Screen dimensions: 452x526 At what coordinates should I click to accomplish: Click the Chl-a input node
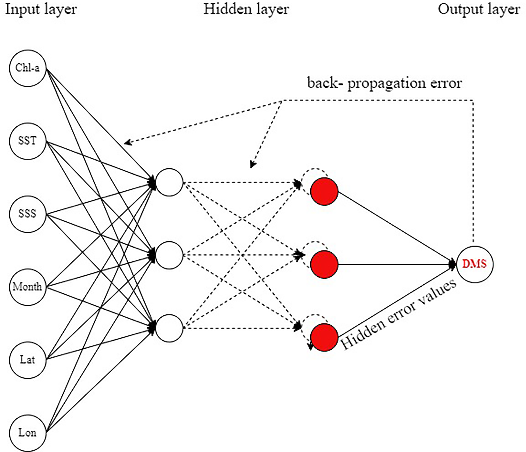tap(28, 68)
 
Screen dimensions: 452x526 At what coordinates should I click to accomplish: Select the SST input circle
tap(28, 141)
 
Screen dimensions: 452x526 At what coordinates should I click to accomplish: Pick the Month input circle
tap(28, 287)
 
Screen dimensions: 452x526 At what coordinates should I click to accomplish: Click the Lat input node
tap(28, 360)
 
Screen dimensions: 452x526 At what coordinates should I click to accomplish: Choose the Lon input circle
tap(28, 433)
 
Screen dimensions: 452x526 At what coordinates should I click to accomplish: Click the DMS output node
tap(474, 264)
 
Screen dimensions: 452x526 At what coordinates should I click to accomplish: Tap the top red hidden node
tap(324, 191)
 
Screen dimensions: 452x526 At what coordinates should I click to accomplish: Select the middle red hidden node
tap(324, 264)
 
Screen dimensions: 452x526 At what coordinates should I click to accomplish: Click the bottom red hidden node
tap(324, 337)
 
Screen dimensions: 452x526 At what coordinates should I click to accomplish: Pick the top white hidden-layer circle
tap(169, 182)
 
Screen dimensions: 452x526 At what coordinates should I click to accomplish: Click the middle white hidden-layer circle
tap(169, 255)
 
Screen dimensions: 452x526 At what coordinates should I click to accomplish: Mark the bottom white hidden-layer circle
tap(169, 328)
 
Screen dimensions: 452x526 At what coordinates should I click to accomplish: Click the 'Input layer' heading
tap(41, 9)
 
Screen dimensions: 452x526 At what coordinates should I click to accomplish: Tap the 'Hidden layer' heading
tap(246, 9)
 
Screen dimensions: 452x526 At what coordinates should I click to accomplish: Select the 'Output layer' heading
tap(479, 9)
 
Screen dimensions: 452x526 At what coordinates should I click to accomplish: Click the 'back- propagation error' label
tap(384, 83)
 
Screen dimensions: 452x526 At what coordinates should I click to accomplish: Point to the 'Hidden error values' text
tap(398, 314)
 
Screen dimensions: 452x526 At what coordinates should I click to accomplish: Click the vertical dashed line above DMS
tap(473, 170)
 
